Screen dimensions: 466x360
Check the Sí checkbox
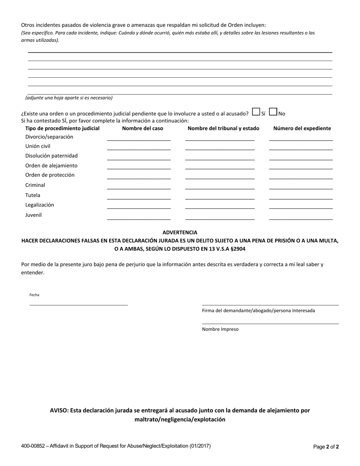[256, 112]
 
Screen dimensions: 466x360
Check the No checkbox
[273, 112]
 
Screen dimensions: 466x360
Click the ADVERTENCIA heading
[180, 232]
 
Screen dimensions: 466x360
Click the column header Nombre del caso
[142, 128]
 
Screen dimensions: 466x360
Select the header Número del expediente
[302, 128]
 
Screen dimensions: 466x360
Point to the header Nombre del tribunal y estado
[224, 128]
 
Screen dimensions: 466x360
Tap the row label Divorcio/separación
[49, 137]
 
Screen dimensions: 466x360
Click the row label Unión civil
[38, 146]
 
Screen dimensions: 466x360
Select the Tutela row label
[33, 195]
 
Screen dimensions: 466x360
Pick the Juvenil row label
[33, 215]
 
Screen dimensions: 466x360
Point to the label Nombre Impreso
[220, 329]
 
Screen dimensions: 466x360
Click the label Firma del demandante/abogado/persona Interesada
[258, 311]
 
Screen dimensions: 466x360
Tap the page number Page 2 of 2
[326, 447]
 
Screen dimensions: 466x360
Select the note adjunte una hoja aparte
[69, 98]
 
